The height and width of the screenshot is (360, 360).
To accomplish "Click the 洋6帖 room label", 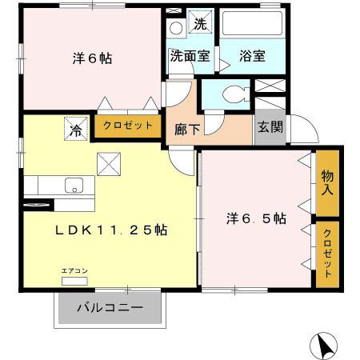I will pos(91,58).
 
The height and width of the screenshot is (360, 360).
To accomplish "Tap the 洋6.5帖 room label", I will pos(255,217).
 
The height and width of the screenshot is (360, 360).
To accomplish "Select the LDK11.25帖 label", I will pos(110,230).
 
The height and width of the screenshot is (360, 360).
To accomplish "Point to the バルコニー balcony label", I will pos(110,307).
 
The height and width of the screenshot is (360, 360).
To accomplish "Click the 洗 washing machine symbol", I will pos(200,23).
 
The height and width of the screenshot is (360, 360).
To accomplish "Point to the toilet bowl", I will pos(232,94).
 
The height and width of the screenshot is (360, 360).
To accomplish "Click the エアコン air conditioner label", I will pos(74,271).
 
